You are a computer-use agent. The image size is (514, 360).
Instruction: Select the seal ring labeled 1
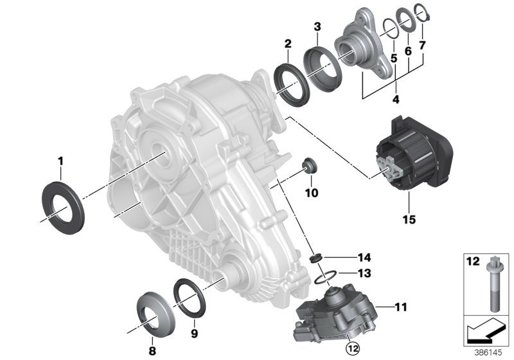[x=62, y=203]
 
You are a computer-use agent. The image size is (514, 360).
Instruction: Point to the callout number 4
[x=396, y=100]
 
